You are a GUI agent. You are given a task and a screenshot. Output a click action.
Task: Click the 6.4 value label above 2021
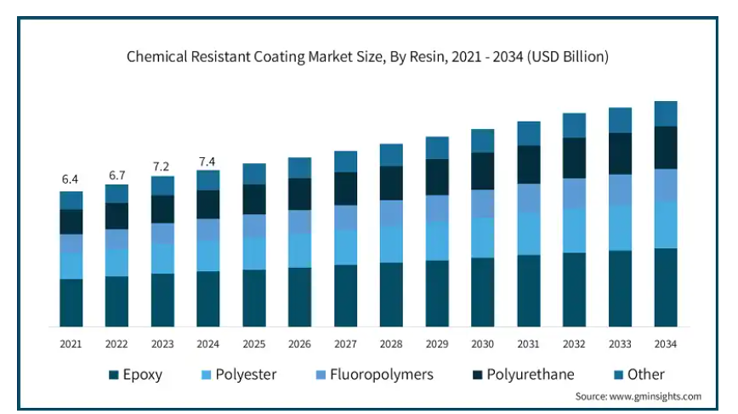pyautogui.click(x=70, y=179)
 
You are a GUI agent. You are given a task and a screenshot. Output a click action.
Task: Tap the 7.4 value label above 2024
pyautogui.click(x=207, y=162)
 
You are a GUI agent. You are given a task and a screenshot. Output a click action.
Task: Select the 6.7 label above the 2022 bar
pyautogui.click(x=117, y=175)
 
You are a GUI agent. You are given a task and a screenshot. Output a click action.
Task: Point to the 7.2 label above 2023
pyautogui.click(x=161, y=167)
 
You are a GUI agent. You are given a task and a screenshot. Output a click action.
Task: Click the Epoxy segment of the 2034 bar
pyautogui.click(x=666, y=287)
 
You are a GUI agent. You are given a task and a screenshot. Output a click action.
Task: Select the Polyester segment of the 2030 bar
pyautogui.click(x=482, y=237)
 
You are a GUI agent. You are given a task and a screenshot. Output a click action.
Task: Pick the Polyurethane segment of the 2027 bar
pyautogui.click(x=345, y=189)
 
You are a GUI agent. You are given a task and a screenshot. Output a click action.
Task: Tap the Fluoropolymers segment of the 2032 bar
pyautogui.click(x=574, y=193)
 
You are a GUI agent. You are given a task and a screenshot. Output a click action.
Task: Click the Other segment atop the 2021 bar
pyautogui.click(x=71, y=201)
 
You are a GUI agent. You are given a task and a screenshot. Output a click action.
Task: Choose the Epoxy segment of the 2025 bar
pyautogui.click(x=254, y=298)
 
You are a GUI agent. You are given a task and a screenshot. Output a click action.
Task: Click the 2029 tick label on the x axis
pyautogui.click(x=437, y=344)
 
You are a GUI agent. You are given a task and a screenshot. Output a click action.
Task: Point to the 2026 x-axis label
pyautogui.click(x=299, y=344)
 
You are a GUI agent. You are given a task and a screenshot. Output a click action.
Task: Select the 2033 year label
pyautogui.click(x=620, y=344)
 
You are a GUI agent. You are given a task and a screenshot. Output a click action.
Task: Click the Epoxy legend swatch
pyautogui.click(x=113, y=375)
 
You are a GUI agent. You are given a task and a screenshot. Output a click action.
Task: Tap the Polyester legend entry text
pyautogui.click(x=246, y=375)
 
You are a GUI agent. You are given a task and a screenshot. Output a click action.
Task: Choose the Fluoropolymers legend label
pyautogui.click(x=381, y=375)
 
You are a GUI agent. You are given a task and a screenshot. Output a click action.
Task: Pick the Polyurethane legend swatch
pyautogui.click(x=478, y=375)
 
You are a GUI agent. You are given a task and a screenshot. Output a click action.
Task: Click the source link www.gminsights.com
pyautogui.click(x=656, y=397)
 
